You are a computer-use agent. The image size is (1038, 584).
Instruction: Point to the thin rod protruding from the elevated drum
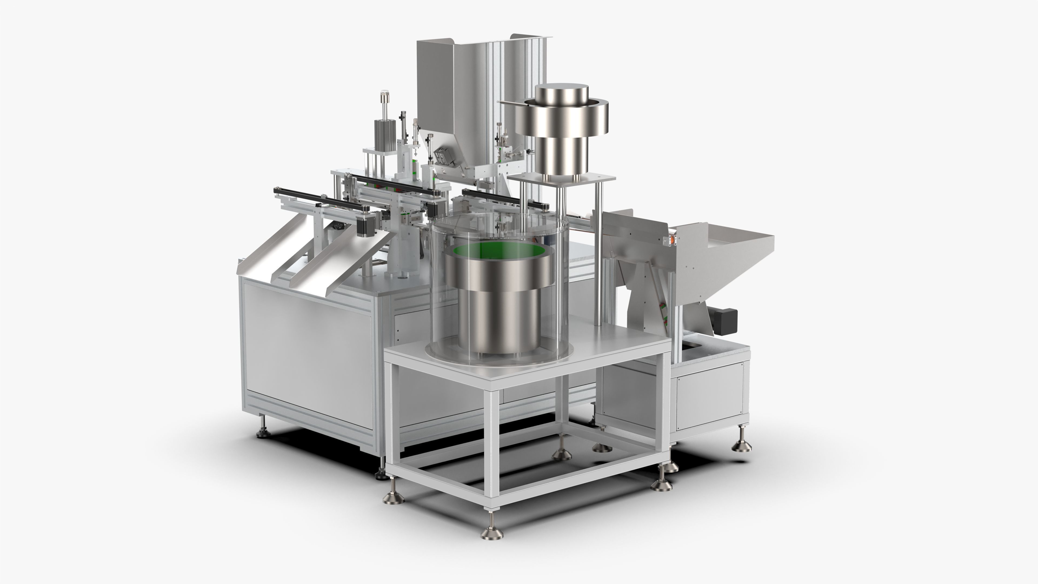click(x=508, y=104)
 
